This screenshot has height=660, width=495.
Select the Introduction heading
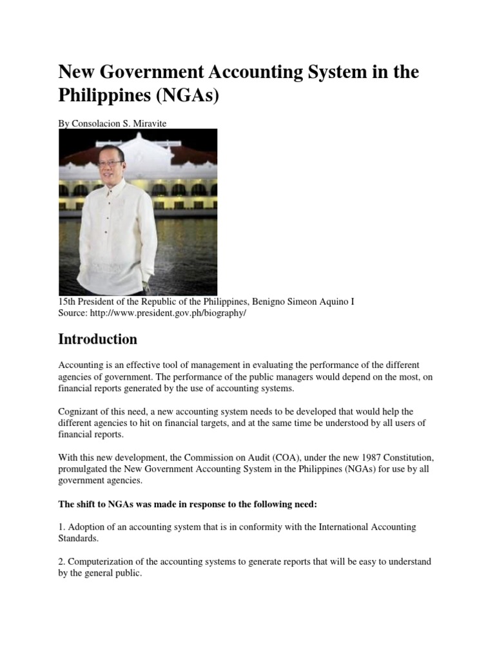coord(97,339)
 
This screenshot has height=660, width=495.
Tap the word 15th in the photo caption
coord(68,302)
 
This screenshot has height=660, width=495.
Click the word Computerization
coord(104,562)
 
